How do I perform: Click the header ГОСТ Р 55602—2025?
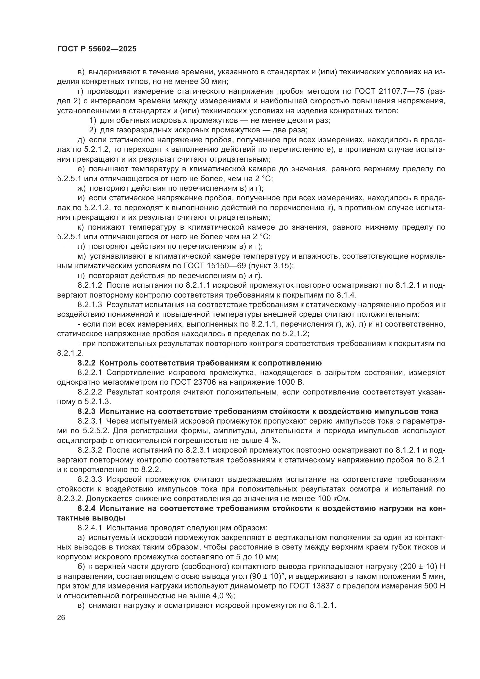(97, 49)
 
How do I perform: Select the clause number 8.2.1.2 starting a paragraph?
(90, 285)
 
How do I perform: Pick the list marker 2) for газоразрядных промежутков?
(93, 130)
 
